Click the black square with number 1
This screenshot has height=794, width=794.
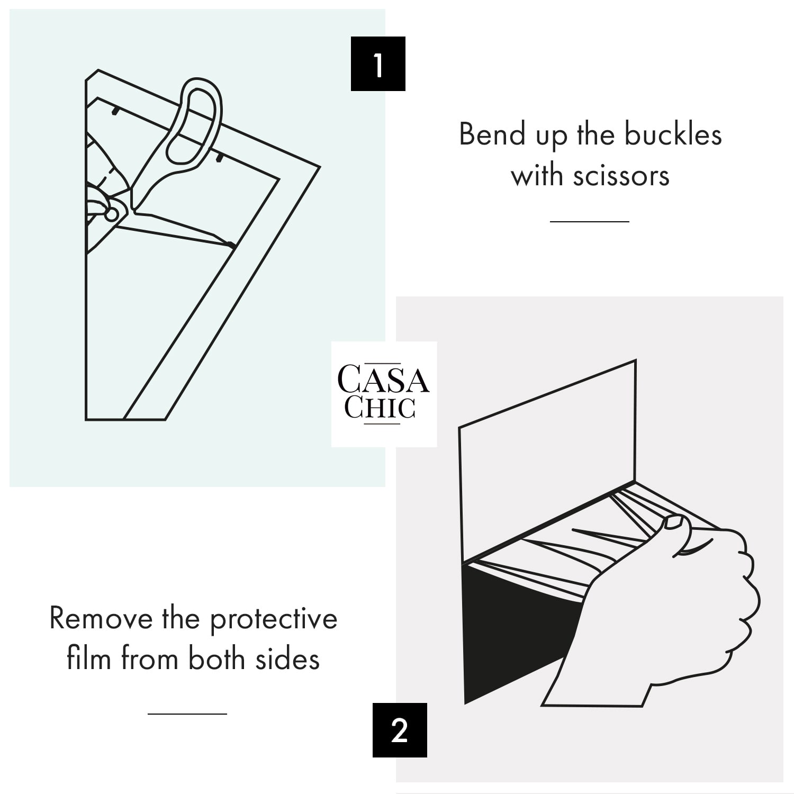pyautogui.click(x=378, y=64)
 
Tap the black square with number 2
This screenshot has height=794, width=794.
pyautogui.click(x=400, y=730)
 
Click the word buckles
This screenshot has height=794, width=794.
pyautogui.click(x=673, y=134)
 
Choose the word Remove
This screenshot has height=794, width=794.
pyautogui.click(x=101, y=618)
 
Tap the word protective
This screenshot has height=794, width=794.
pyautogui.click(x=274, y=619)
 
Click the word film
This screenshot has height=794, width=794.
pyautogui.click(x=89, y=659)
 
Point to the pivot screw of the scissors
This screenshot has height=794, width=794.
pyautogui.click(x=112, y=214)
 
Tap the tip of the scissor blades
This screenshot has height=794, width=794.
pyautogui.click(x=235, y=247)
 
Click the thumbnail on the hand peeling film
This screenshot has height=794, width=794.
pyautogui.click(x=673, y=522)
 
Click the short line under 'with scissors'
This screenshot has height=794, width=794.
pyautogui.click(x=590, y=221)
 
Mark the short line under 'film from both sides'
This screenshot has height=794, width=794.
pyautogui.click(x=187, y=714)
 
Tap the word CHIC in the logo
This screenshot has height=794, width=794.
pyautogui.click(x=380, y=408)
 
